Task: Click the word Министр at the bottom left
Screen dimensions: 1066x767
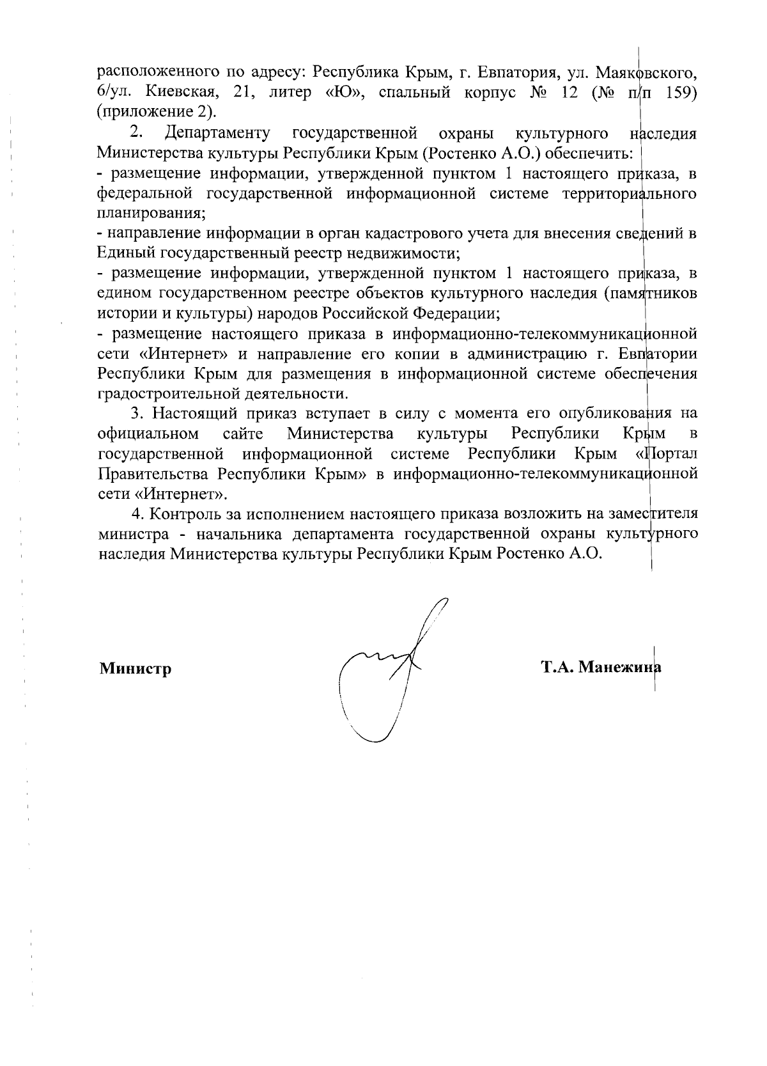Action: coord(135,669)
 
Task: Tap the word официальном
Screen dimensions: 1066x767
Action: coord(148,434)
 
